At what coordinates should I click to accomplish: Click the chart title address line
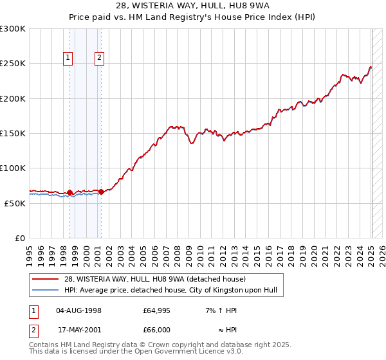(x=193, y=6)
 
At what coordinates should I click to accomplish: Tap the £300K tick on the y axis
(x=13, y=29)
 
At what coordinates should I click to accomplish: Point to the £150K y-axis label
(x=13, y=133)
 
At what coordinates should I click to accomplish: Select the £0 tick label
(x=19, y=238)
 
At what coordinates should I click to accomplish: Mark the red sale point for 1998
(x=69, y=192)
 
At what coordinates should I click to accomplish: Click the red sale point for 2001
(x=101, y=192)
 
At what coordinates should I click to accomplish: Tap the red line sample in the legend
(x=45, y=280)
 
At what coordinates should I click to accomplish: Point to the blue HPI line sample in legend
(x=45, y=291)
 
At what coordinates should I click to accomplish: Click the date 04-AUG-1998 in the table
(x=79, y=310)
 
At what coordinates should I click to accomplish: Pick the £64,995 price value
(x=156, y=310)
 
